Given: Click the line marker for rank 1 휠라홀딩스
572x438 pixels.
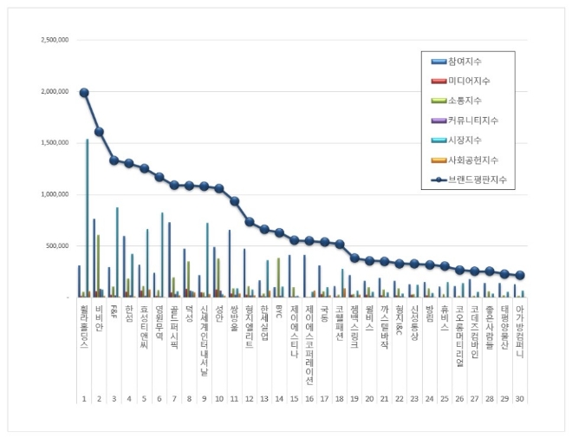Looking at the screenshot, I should [x=84, y=93].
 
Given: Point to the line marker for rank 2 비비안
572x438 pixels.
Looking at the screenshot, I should [x=99, y=132].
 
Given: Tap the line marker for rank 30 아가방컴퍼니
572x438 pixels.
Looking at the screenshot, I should [x=520, y=275].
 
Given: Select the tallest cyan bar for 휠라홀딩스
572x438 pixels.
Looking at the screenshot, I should [x=87, y=217].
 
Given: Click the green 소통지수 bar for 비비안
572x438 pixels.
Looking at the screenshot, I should [x=99, y=265].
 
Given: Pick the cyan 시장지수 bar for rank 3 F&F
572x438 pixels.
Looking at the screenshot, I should [x=117, y=252].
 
